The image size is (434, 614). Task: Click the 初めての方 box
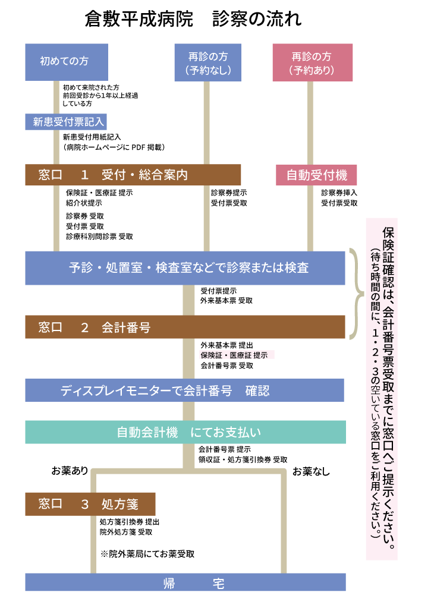point(67,62)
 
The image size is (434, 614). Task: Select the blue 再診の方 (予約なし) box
point(207,62)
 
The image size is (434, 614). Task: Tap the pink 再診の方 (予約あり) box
point(312,62)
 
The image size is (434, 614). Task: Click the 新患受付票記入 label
point(66,122)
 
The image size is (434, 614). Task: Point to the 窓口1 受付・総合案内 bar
point(133,175)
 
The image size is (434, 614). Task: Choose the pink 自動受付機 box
point(316,175)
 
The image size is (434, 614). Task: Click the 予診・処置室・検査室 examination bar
point(185,267)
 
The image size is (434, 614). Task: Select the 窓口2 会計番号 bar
point(185,327)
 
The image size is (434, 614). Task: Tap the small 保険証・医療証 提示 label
point(237,355)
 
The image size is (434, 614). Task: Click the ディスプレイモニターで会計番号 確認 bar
point(184,391)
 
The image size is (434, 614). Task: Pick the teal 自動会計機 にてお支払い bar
point(185,432)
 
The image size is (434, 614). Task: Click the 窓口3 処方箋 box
point(90,504)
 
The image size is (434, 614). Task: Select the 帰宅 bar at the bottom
point(185,582)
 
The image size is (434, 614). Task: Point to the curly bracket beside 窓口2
point(356,295)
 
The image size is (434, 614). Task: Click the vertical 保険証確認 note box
point(382,389)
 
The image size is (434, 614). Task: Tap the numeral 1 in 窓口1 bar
point(84,175)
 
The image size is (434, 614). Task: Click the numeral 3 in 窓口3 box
point(84,504)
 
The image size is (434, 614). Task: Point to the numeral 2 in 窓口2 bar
point(84,327)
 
